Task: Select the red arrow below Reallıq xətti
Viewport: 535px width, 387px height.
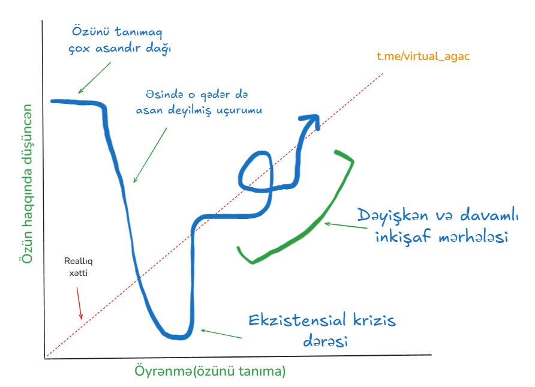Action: point(79,302)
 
